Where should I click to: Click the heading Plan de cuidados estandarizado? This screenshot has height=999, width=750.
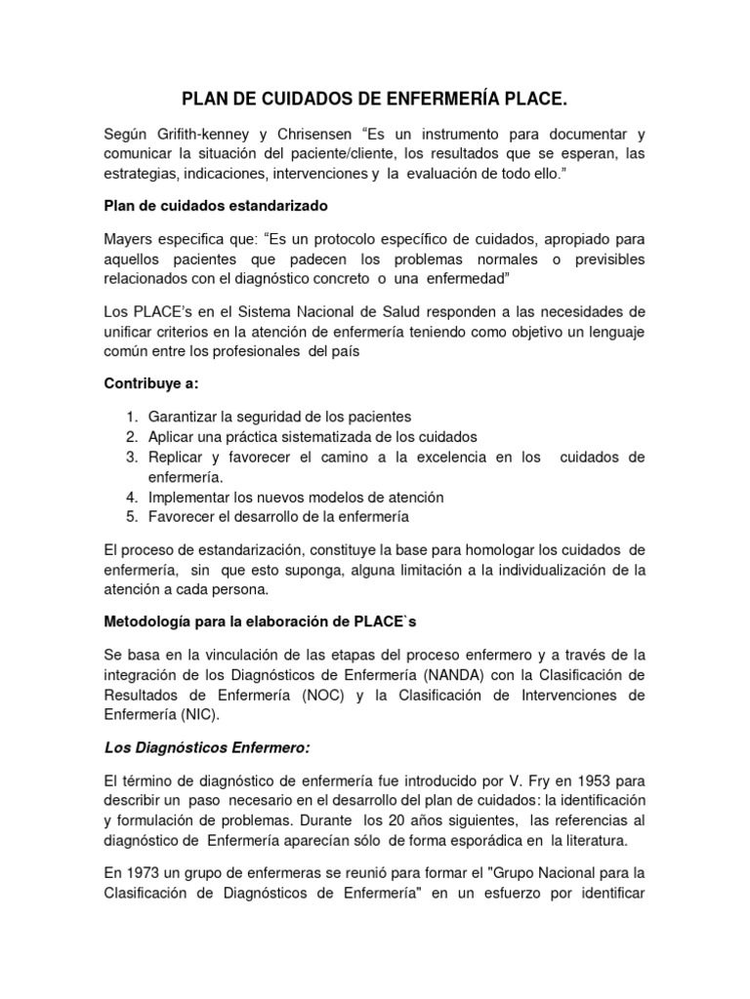[x=216, y=206]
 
